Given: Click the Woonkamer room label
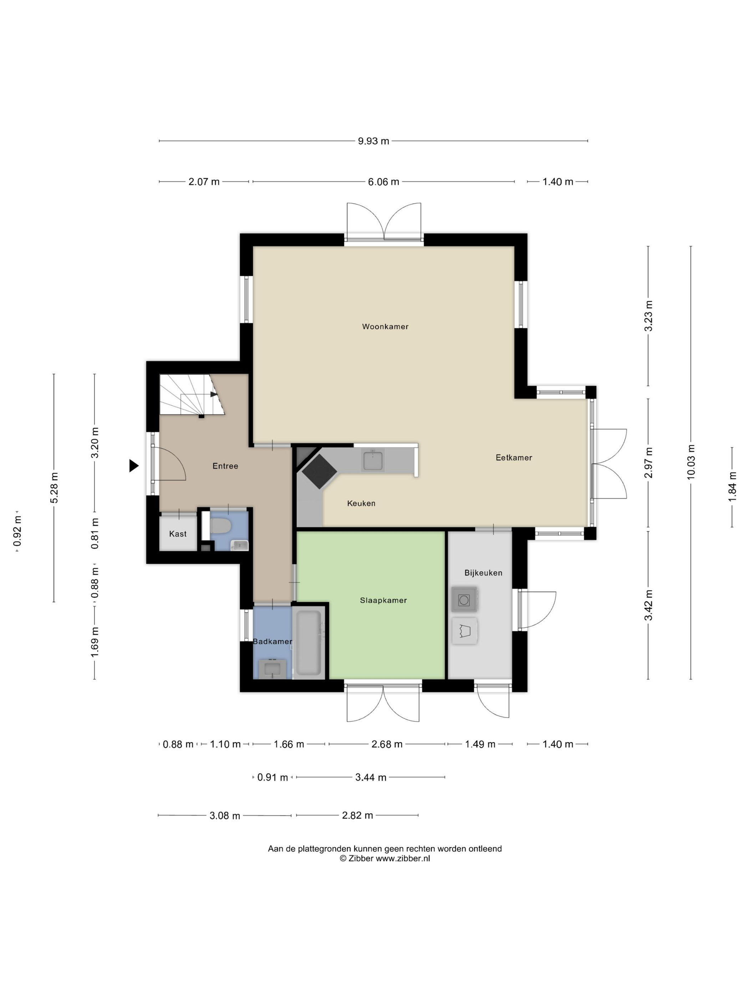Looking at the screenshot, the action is click(x=385, y=326).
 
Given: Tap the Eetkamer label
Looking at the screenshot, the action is click(x=514, y=457).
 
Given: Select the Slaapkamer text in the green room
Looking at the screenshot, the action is click(x=383, y=600).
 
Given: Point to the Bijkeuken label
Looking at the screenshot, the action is click(x=483, y=573).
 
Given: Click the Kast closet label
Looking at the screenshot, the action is click(x=178, y=534).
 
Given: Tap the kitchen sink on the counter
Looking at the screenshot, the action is click(x=373, y=460).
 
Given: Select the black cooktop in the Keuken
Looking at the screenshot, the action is click(x=319, y=471).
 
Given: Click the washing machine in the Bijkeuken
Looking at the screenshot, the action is click(x=464, y=600).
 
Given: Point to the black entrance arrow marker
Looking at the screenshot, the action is click(x=134, y=466).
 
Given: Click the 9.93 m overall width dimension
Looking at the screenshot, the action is click(x=373, y=141).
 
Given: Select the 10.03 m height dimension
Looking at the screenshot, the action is click(x=691, y=462).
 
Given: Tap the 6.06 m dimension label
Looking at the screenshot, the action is click(x=383, y=182).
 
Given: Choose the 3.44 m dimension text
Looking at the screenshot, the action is click(x=371, y=777).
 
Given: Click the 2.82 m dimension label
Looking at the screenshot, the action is click(x=358, y=815).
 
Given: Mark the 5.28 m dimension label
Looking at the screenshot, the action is click(x=54, y=488).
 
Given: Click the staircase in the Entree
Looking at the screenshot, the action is click(x=192, y=394).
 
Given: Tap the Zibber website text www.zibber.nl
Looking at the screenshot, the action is click(x=403, y=858).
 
